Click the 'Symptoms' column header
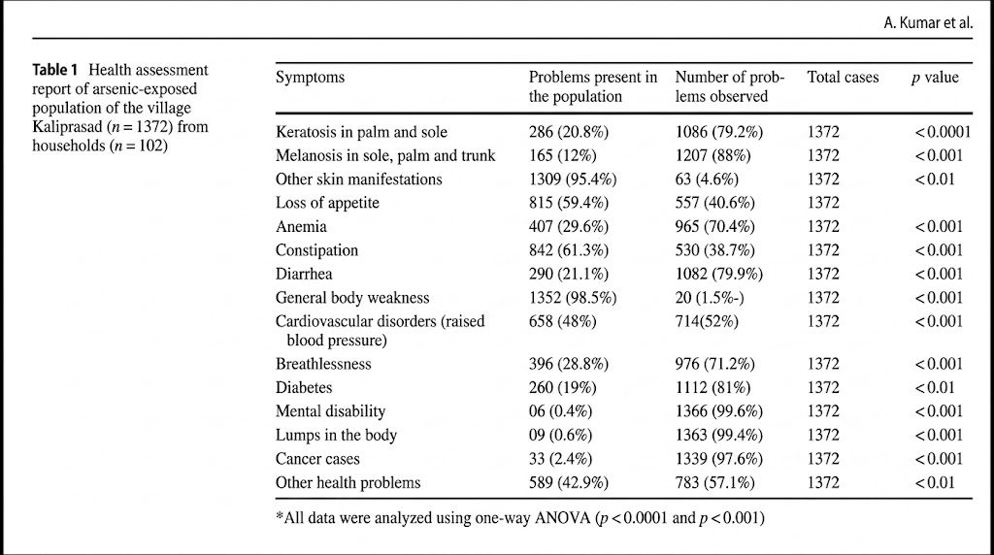tap(310, 78)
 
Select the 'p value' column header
tap(935, 78)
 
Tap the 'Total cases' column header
tap(844, 78)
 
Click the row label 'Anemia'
tap(301, 227)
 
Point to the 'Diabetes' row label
tap(304, 388)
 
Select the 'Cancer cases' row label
tap(317, 459)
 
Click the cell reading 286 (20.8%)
tap(569, 132)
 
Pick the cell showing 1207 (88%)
tap(712, 156)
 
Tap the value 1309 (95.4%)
tap(573, 180)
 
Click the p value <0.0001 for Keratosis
tap(943, 132)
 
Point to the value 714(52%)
tap(707, 321)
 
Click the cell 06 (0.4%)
tap(560, 411)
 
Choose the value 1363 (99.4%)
tap(719, 436)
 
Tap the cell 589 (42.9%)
tap(569, 483)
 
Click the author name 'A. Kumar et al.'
tap(928, 23)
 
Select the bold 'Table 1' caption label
tap(54, 70)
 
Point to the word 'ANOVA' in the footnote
tap(561, 518)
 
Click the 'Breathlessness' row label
tap(323, 364)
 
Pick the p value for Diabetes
tap(935, 388)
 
